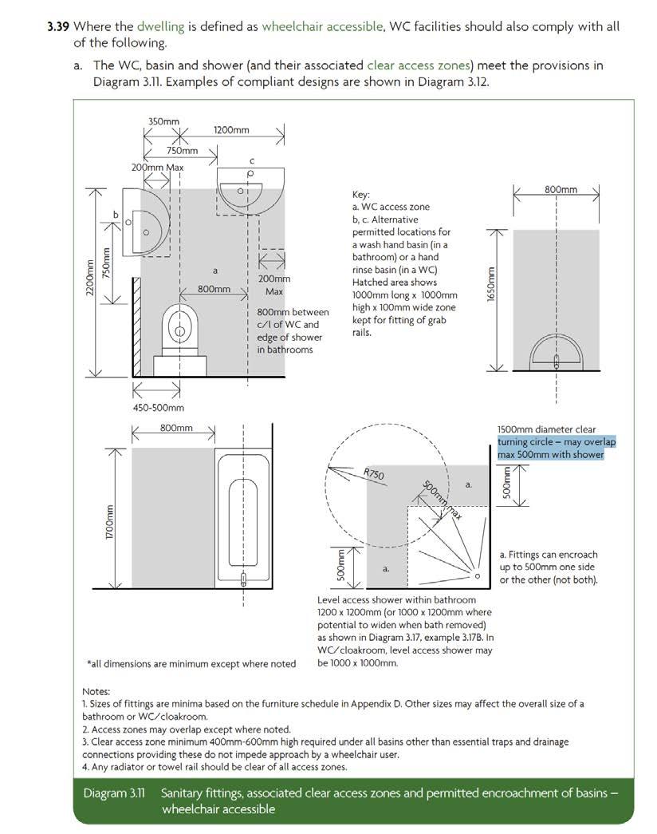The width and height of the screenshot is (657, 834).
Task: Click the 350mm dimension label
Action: [x=163, y=121]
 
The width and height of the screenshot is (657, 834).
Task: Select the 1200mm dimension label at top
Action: [x=230, y=130]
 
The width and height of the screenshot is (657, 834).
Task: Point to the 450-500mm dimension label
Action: [x=159, y=408]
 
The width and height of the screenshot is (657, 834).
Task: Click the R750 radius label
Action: [x=374, y=474]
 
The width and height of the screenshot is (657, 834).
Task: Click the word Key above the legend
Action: [x=361, y=195]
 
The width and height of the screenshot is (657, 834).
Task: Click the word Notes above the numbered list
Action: [x=96, y=691]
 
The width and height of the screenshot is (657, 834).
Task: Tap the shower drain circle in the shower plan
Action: [x=475, y=575]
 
